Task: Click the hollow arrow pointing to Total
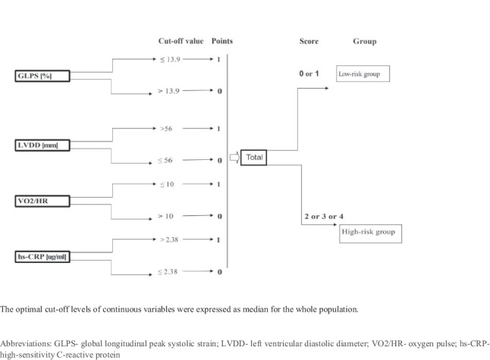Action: (x=234, y=158)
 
